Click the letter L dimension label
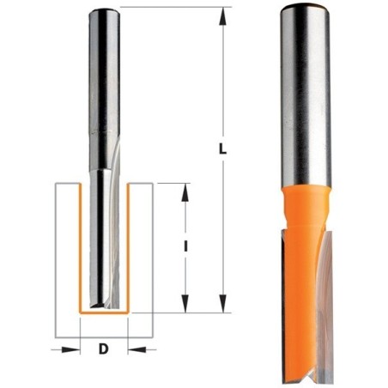pyautogui.click(x=222, y=149)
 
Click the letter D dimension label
pyautogui.click(x=104, y=349)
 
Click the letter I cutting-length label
pyautogui.click(x=185, y=246)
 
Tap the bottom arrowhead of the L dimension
pyautogui.click(x=223, y=303)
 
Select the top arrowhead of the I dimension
pyautogui.click(x=185, y=192)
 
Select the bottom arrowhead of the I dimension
pyautogui.click(x=185, y=303)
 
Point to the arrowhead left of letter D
pyautogui.click(x=70, y=349)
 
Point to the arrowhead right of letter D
pyautogui.click(x=137, y=349)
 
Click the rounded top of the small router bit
pyautogui.click(x=104, y=12)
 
